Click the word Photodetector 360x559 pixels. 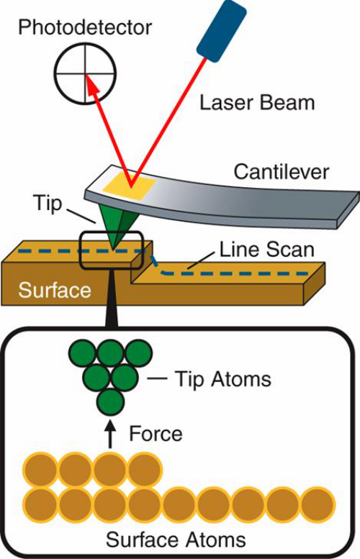85,27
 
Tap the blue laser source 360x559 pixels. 222,29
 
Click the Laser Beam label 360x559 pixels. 257,103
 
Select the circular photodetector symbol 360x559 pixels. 85,73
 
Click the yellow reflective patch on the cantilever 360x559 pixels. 129,187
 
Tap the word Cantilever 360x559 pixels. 281,171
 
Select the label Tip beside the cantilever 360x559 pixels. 47,204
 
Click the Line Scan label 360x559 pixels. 266,249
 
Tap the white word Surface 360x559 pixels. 55,290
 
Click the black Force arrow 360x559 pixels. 111,434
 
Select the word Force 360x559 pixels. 156,434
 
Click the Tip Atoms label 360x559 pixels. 223,378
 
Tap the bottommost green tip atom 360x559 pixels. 111,401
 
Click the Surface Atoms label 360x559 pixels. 176,540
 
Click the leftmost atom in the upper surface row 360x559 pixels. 40,470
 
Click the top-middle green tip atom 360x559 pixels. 111,353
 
